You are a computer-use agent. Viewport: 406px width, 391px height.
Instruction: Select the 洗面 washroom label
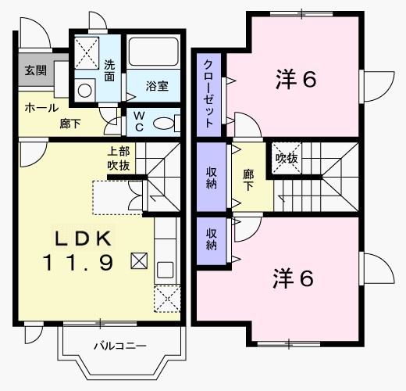[110, 71]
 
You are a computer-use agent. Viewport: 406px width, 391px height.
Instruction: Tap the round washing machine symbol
[82, 90]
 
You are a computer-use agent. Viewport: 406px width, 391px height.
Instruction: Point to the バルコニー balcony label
[121, 345]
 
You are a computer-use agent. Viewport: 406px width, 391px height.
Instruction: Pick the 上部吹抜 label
[119, 160]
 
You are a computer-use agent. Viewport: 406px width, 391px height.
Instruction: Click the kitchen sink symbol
[166, 271]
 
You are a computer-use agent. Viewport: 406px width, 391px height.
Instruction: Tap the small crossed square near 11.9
[138, 260]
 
